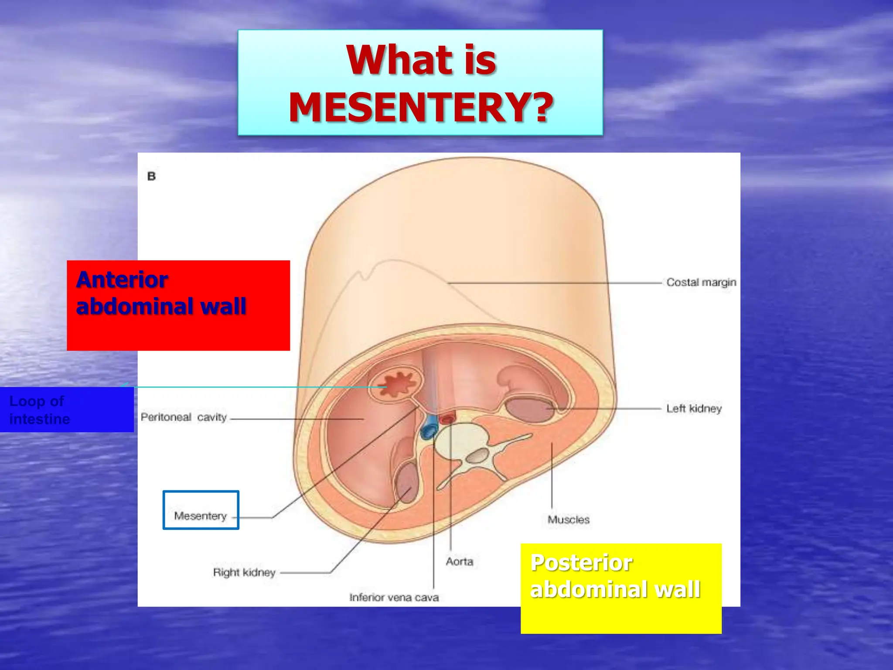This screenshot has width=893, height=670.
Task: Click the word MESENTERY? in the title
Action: tap(421, 107)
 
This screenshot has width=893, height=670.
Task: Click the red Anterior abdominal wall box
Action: tap(178, 305)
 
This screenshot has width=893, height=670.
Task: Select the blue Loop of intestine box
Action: tap(66, 410)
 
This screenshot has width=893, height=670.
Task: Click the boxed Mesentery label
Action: tap(201, 516)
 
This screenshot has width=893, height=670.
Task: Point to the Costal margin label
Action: tap(701, 283)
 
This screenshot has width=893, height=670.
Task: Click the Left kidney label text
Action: tap(693, 409)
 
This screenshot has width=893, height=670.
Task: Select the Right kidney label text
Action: tap(244, 572)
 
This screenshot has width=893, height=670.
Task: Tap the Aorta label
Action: tap(459, 561)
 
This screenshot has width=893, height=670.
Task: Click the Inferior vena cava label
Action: tap(394, 597)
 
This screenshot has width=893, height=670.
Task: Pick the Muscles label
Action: tap(568, 520)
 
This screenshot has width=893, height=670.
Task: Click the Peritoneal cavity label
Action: tap(184, 417)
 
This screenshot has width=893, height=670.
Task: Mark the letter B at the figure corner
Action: tap(151, 177)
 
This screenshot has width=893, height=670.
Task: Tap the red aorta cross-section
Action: tap(447, 420)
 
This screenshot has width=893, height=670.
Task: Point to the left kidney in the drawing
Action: tap(528, 409)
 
